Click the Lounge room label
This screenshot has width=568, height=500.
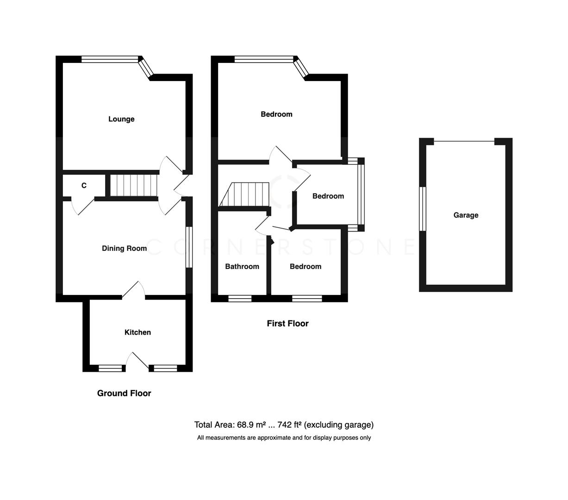tap(121, 119)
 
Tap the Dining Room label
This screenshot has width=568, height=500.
tap(124, 249)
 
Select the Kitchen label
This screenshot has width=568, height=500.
tap(137, 332)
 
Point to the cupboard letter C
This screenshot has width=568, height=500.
tap(84, 186)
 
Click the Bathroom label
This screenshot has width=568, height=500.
tap(242, 267)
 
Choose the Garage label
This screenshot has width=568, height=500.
tap(466, 215)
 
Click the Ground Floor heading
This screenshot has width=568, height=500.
tap(124, 394)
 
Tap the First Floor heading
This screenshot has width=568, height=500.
tap(287, 324)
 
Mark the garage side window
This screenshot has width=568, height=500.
tap(422, 208)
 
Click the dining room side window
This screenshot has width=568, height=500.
tap(189, 247)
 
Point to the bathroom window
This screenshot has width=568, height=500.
tap(240, 299)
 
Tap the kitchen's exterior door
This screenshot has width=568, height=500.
tap(137, 361)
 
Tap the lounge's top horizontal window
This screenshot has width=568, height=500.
tap(110, 59)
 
